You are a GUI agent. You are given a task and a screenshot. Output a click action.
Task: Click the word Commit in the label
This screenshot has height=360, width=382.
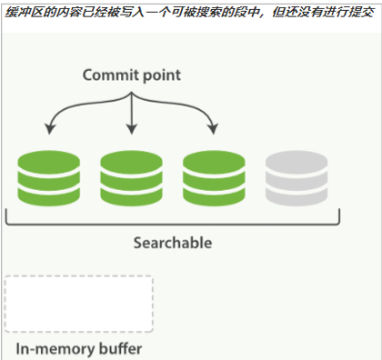pos(108,75)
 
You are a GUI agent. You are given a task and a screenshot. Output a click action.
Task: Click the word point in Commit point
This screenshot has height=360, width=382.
pos(159,75)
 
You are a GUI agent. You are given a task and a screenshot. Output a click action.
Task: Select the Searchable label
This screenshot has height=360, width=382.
pos(173,243)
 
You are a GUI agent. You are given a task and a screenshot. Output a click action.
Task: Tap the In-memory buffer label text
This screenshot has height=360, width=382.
pos(79,349)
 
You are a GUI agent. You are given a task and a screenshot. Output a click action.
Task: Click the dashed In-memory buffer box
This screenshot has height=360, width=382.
pos(78,304)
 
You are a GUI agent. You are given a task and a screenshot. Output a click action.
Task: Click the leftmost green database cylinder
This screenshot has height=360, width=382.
pos(46,178)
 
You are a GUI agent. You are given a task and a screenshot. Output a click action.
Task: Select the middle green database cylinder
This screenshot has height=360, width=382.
pos(131,178)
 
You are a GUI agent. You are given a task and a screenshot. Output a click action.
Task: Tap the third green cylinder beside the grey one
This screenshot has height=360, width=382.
pos(213,178)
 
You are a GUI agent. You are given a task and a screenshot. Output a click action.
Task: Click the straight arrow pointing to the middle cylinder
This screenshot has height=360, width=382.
pos(132,114)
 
